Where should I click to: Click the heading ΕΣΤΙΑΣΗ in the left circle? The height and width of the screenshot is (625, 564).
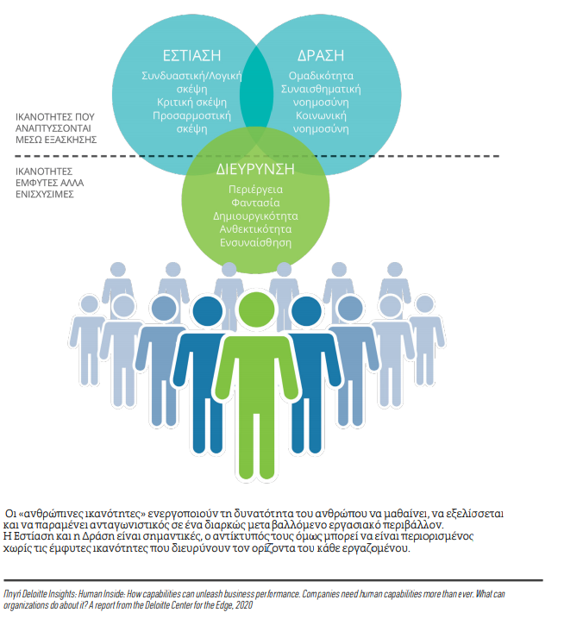pyautogui.click(x=191, y=56)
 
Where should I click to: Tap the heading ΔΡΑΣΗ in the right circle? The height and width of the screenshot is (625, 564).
pyautogui.click(x=321, y=56)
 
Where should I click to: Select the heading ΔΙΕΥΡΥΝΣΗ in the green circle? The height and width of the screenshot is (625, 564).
pyautogui.click(x=255, y=170)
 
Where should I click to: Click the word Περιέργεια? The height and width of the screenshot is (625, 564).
pyautogui.click(x=255, y=190)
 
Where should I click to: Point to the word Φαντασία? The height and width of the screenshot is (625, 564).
pyautogui.click(x=255, y=203)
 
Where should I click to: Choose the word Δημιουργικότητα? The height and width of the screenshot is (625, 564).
pyautogui.click(x=255, y=216)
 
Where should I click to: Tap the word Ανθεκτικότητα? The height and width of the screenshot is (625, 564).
pyautogui.click(x=255, y=229)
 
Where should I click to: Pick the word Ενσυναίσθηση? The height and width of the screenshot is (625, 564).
pyautogui.click(x=255, y=242)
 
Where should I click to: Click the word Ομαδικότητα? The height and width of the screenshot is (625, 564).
pyautogui.click(x=321, y=76)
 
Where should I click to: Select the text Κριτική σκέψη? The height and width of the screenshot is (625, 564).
pyautogui.click(x=191, y=103)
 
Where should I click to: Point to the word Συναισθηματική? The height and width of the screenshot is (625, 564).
pyautogui.click(x=321, y=90)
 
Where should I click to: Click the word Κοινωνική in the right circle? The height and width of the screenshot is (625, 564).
pyautogui.click(x=321, y=116)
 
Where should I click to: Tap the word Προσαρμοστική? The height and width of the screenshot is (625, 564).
pyautogui.click(x=191, y=116)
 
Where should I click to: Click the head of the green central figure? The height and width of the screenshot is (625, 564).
pyautogui.click(x=256, y=309)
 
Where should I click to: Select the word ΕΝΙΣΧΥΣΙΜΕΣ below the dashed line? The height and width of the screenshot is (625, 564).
pyautogui.click(x=45, y=195)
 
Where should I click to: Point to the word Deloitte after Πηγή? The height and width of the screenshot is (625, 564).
pyautogui.click(x=34, y=594)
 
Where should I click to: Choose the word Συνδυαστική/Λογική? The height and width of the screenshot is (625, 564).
pyautogui.click(x=191, y=76)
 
